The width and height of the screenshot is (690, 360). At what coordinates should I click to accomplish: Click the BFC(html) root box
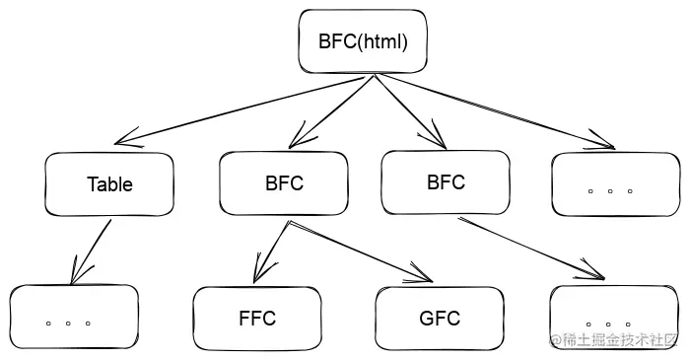363,41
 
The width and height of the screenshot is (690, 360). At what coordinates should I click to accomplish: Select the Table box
109,183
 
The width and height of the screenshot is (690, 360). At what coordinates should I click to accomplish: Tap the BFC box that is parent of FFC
284,183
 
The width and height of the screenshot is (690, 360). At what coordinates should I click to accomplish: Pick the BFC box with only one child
446,182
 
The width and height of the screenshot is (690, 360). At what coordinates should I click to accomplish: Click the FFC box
256,319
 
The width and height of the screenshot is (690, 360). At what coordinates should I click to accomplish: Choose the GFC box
440,319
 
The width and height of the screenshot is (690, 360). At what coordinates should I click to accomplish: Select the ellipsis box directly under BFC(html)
615,183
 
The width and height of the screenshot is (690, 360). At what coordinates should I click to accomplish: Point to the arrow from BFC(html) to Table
246,107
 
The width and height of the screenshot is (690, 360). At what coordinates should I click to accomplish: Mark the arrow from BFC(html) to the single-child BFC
404,108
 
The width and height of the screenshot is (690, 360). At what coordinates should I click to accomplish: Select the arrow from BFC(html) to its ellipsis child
493,110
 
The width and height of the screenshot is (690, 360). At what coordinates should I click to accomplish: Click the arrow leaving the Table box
91,252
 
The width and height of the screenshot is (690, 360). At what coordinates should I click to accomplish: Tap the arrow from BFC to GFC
355,250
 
